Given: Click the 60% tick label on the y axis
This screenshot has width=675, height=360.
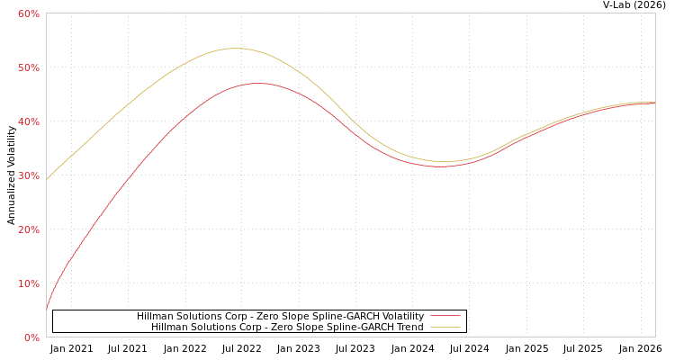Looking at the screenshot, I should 28,13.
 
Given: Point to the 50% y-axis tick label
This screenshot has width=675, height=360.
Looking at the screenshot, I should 28,67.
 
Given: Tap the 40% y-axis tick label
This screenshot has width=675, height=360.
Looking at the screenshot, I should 28,121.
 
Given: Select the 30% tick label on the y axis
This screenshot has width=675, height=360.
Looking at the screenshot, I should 28,175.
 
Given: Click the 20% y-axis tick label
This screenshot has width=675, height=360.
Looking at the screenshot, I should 28,229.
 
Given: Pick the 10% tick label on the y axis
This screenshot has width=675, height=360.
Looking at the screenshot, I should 28,283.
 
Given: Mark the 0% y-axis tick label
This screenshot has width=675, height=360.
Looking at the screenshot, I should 31,337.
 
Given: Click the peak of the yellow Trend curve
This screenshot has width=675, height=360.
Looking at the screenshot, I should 235,49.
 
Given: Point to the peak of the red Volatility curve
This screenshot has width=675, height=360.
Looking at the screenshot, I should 258,83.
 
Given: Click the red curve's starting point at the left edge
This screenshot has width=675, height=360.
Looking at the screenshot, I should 47,310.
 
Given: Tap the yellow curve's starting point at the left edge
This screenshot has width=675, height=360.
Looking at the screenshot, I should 47,179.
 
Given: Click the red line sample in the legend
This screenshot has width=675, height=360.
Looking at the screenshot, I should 445,316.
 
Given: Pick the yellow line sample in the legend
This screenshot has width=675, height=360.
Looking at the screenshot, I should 445,327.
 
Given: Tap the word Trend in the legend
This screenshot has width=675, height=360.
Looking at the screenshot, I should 409,327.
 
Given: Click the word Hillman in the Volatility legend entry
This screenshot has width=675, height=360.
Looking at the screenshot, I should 156,316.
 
